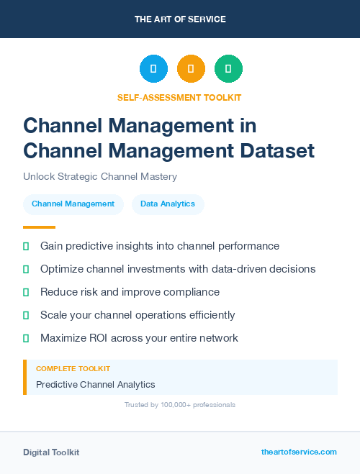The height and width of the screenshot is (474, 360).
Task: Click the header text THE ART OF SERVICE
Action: click(180, 19)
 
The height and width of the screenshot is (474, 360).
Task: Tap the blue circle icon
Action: click(153, 69)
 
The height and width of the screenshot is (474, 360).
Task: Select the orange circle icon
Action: click(191, 69)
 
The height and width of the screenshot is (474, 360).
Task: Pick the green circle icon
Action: click(228, 69)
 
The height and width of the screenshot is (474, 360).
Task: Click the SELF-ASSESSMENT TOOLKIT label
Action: click(179, 97)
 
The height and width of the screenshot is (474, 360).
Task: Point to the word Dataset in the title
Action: click(276, 151)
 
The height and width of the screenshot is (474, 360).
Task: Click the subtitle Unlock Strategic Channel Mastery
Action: click(99, 176)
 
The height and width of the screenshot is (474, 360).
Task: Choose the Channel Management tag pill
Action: click(73, 204)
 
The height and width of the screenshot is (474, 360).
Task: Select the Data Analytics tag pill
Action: click(168, 204)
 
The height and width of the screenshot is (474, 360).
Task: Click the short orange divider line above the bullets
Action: click(39, 227)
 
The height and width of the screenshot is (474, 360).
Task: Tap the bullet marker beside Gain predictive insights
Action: click(26, 246)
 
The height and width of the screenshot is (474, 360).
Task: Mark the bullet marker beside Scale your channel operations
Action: click(26, 315)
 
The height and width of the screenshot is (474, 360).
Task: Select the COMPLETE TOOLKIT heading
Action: click(73, 368)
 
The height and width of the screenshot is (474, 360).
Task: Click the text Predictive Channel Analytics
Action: click(95, 385)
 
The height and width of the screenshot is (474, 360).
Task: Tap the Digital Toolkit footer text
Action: click(51, 452)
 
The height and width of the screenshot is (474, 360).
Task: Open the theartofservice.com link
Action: click(299, 452)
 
